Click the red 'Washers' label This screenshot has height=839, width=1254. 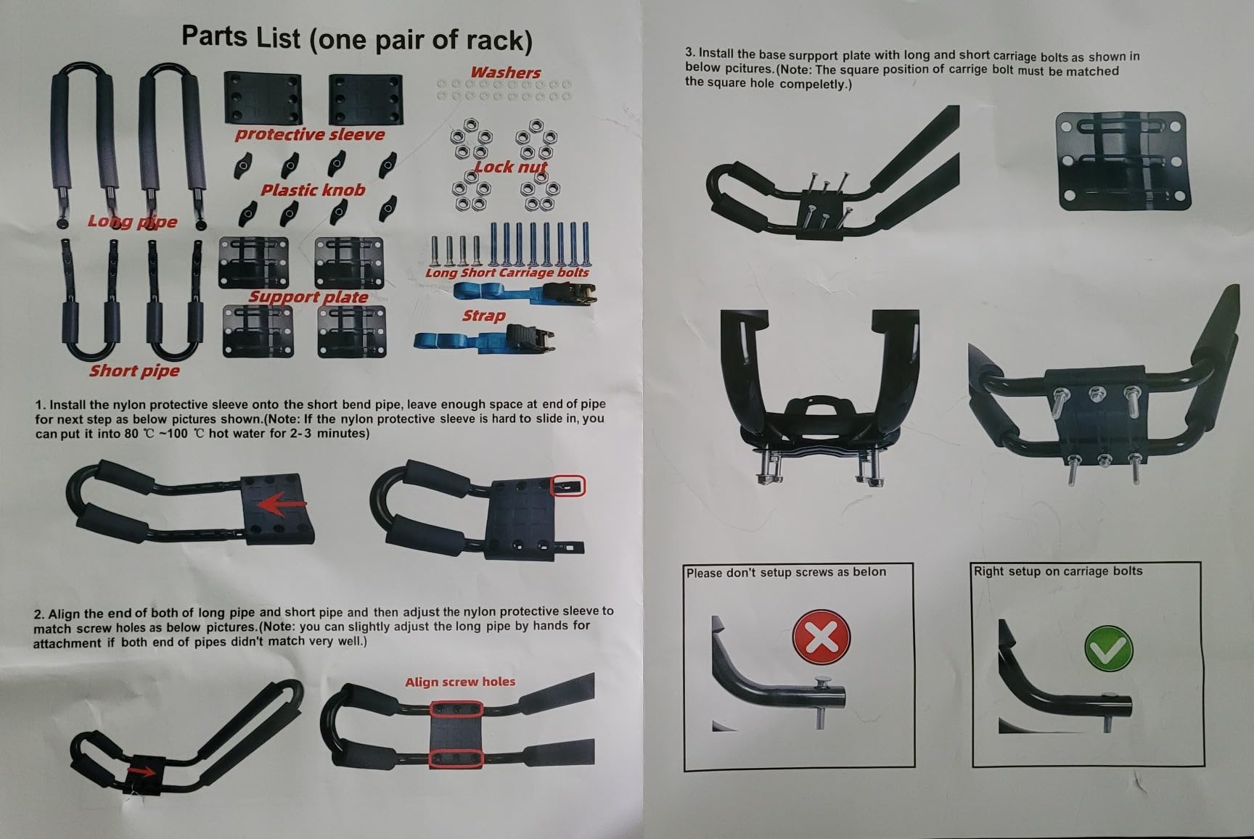click(x=505, y=73)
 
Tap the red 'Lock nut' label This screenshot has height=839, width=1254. click(x=510, y=167)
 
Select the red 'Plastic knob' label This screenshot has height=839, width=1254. click(x=313, y=190)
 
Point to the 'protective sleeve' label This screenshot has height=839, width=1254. click(x=310, y=134)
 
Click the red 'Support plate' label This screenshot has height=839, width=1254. click(x=308, y=297)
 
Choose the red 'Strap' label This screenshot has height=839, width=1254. click(x=483, y=315)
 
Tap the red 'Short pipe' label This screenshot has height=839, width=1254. click(x=134, y=371)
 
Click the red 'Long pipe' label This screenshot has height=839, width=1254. click(x=132, y=221)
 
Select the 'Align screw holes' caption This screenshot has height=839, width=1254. click(x=460, y=682)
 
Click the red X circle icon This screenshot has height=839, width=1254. click(x=821, y=636)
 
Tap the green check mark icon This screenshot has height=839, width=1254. click(x=1108, y=648)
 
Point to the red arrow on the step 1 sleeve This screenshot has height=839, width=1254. click(x=282, y=504)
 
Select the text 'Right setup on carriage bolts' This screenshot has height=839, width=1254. click(x=1058, y=571)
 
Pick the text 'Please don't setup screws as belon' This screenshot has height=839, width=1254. click(x=786, y=572)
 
